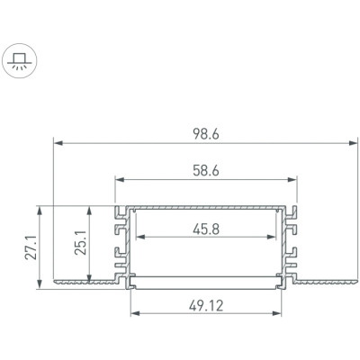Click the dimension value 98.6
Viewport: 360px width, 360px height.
click(206, 134)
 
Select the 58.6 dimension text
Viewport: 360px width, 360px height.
click(206, 171)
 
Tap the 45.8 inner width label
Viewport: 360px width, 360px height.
click(206, 229)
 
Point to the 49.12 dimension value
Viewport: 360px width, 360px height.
click(206, 306)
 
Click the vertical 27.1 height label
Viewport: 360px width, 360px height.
click(31, 247)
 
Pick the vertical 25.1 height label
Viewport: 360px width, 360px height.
click(80, 243)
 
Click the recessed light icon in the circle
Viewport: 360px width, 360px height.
click(20, 60)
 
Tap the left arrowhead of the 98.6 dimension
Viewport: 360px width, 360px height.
click(58, 143)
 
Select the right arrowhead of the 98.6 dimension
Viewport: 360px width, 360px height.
click(353, 143)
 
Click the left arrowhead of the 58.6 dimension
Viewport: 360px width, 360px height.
click(120, 180)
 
